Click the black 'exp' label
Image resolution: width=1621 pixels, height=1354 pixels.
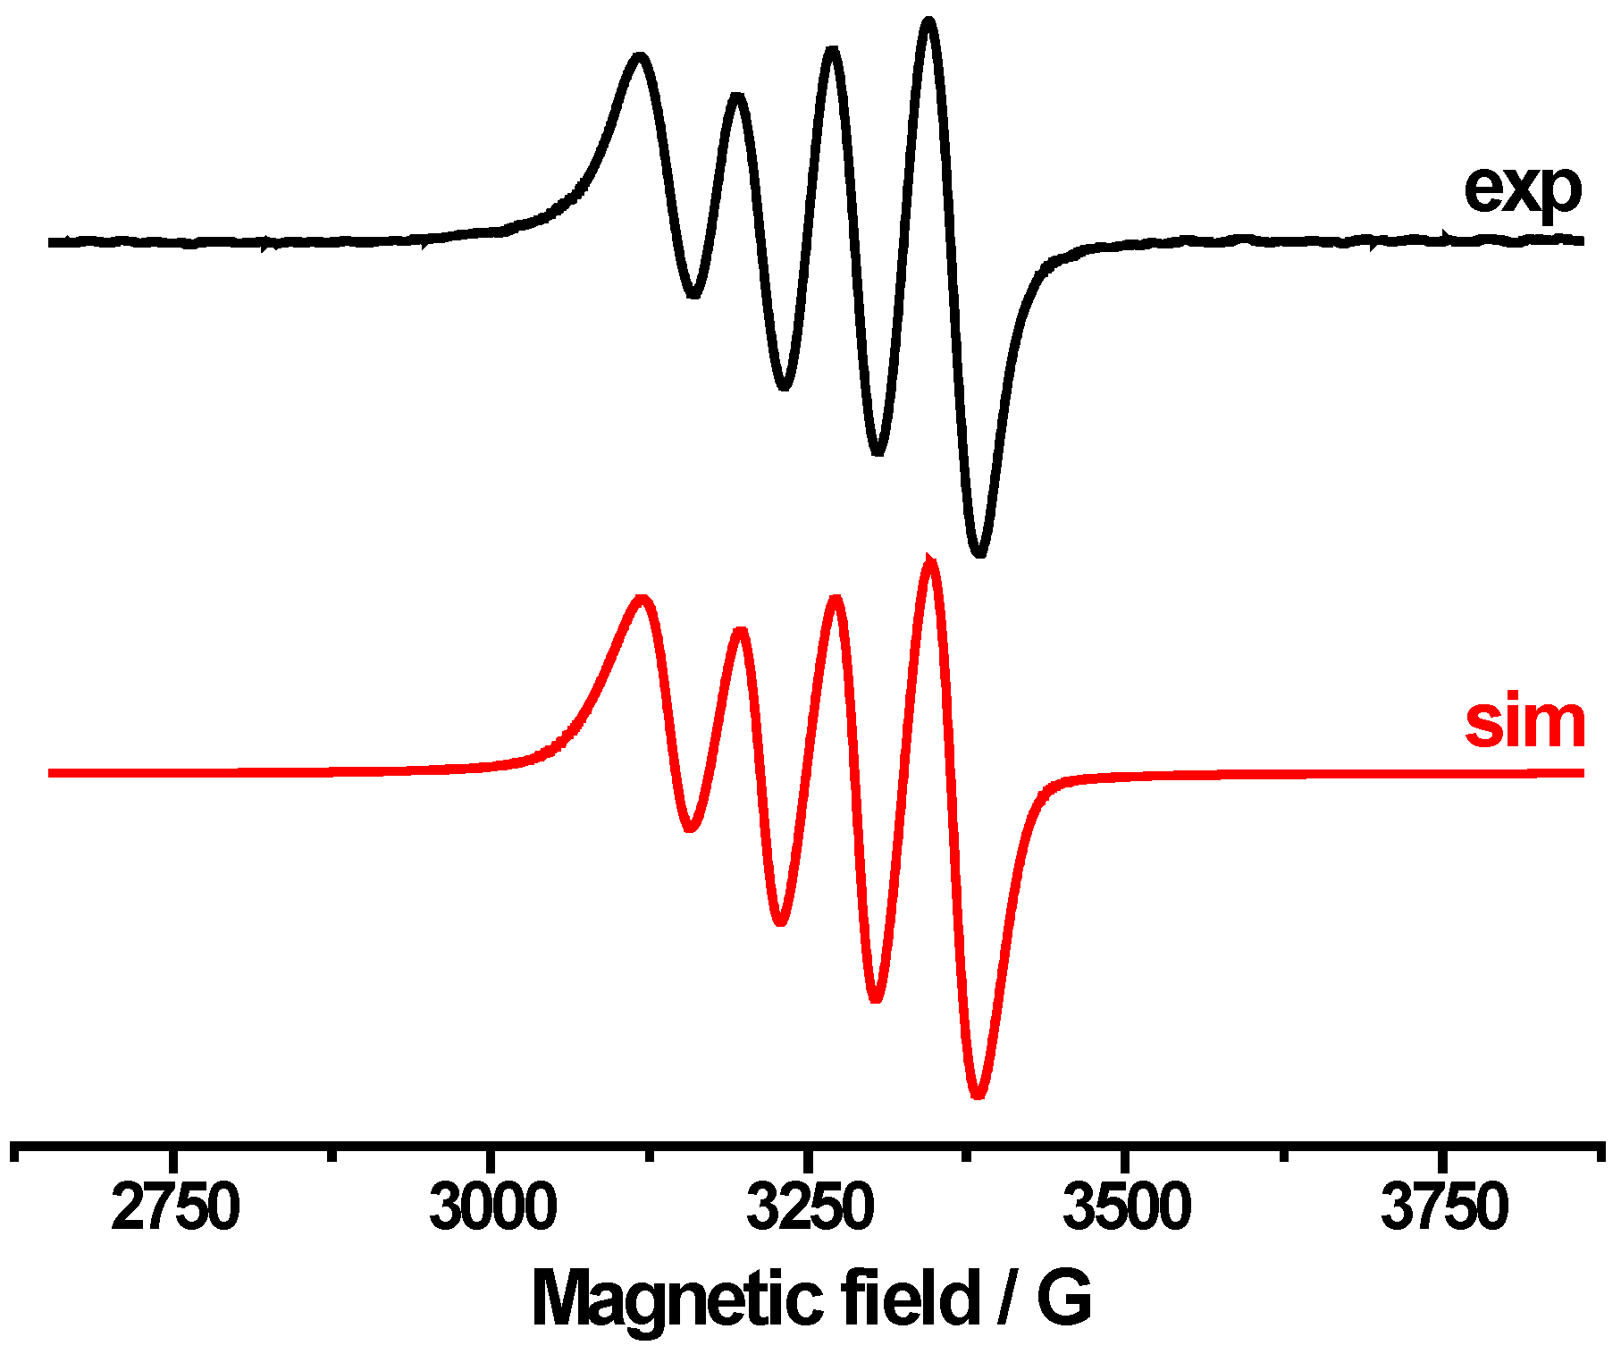(x=1522, y=189)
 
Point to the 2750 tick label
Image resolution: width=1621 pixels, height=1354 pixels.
(x=175, y=1207)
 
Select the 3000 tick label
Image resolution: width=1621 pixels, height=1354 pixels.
(x=493, y=1207)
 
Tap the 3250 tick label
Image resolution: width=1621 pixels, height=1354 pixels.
(x=810, y=1207)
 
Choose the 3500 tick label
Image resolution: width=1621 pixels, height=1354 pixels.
(x=1127, y=1207)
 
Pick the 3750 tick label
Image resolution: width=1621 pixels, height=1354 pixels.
(x=1444, y=1207)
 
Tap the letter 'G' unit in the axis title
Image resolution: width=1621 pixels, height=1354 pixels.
(x=1064, y=1299)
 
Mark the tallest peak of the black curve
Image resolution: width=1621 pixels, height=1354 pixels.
(x=929, y=21)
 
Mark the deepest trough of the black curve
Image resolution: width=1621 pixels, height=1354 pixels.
(x=980, y=553)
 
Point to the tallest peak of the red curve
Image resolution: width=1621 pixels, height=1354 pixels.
(x=931, y=560)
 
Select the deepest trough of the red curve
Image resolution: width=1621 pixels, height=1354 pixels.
(x=978, y=1095)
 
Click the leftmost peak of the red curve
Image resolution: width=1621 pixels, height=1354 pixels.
(x=641, y=598)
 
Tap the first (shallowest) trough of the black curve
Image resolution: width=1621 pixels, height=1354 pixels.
(x=693, y=294)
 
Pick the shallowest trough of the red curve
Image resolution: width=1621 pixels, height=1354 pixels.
(x=689, y=828)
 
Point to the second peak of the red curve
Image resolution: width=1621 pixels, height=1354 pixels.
(x=740, y=632)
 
